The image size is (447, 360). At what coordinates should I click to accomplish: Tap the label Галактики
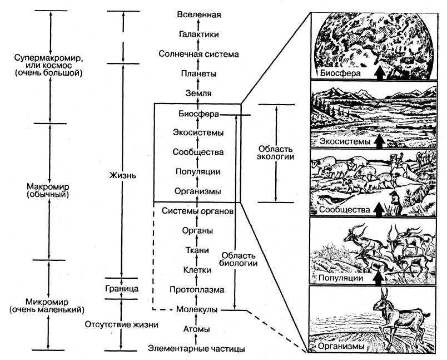(198, 34)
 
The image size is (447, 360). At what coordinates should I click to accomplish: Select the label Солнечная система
(198, 54)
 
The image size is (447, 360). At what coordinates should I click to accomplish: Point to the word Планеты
(198, 73)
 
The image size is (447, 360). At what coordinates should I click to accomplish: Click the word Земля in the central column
(198, 93)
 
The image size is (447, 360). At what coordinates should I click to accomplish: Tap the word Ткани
(198, 250)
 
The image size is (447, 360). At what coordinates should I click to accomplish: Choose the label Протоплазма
(198, 289)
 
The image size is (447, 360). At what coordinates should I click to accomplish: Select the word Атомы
(198, 329)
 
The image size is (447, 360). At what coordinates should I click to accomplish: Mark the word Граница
(122, 289)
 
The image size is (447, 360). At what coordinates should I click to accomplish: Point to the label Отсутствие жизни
(122, 324)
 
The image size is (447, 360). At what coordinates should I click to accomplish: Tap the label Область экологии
(276, 154)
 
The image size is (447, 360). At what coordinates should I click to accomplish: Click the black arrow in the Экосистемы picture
(380, 141)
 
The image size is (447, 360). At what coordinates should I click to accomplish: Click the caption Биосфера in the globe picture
(341, 73)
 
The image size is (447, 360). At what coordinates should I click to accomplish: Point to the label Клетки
(198, 270)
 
